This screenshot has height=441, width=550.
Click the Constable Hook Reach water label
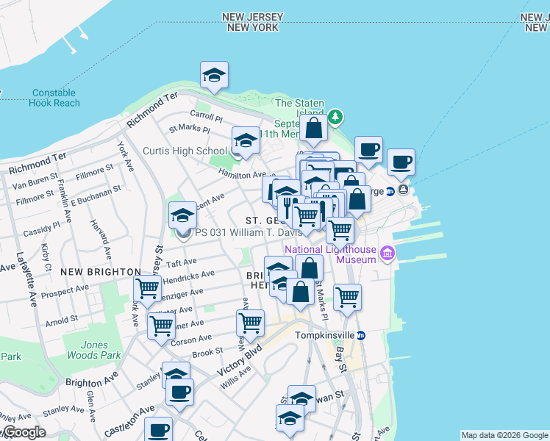click(53, 98)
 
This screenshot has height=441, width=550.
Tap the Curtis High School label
click(185, 151)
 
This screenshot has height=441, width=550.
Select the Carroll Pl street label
click(206, 115)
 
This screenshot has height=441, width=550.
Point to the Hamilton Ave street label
click(241, 174)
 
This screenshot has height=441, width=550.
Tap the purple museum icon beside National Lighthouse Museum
click(387, 254)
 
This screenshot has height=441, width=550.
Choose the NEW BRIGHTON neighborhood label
click(90, 272)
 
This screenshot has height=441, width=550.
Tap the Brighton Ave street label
click(92, 382)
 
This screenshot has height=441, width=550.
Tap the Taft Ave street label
click(181, 262)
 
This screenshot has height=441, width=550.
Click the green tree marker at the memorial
click(335, 116)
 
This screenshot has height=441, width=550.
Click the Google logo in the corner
click(24, 432)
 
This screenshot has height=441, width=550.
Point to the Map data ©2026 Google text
click(504, 435)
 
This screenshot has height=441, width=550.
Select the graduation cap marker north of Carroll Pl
click(214, 75)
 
